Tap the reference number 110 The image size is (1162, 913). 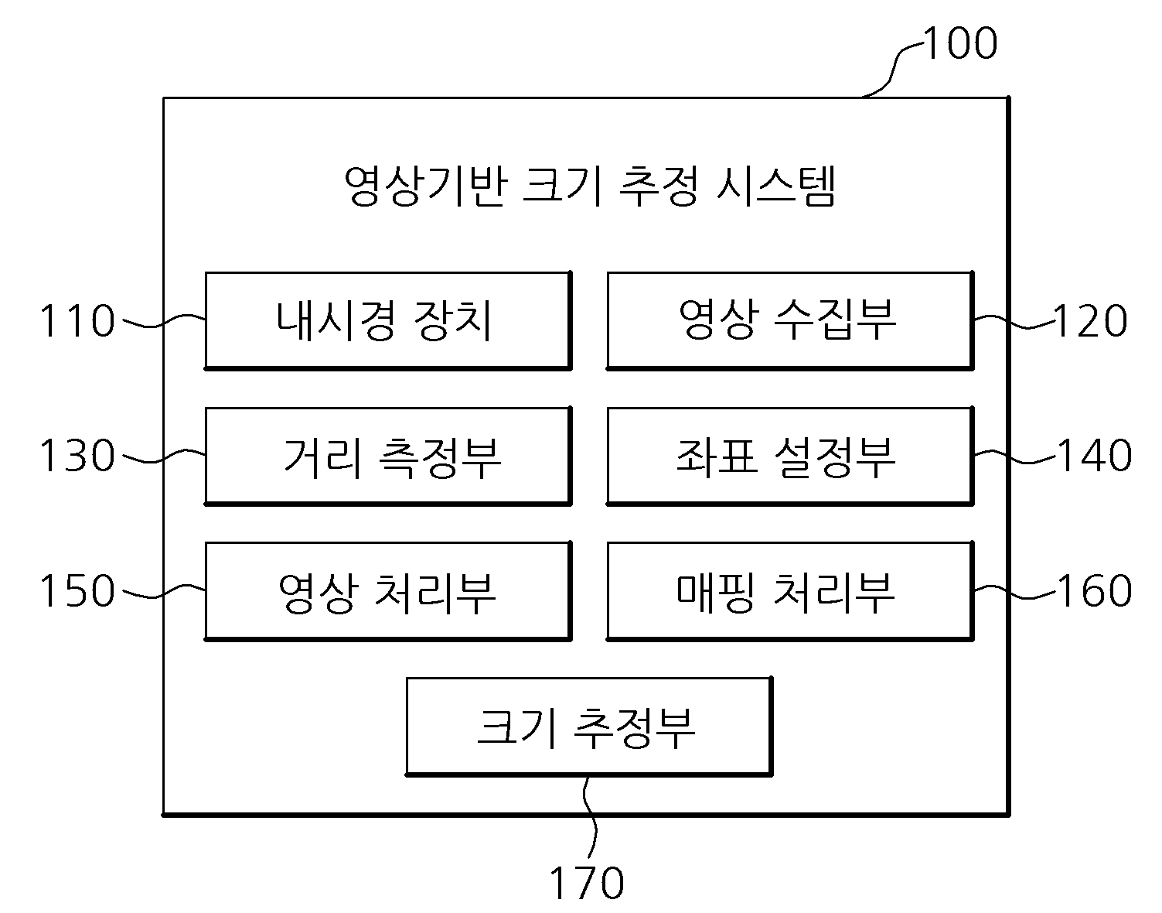coord(77,320)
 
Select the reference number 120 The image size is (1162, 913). coord(1091,320)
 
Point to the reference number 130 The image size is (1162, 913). coord(77,456)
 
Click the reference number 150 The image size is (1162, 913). coord(77,591)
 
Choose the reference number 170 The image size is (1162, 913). coord(587,884)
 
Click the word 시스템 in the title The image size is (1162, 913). coord(775,186)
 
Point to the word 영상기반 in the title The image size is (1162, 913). coord(425,186)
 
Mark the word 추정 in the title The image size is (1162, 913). coord(658,186)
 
